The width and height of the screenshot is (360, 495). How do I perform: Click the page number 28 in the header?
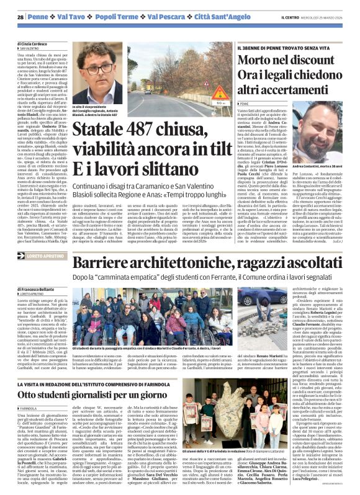click(20, 16)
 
